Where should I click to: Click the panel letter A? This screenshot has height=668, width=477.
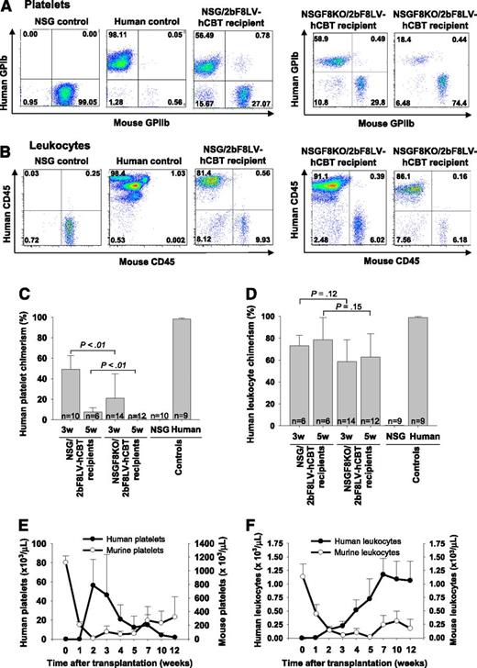[8, 7]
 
